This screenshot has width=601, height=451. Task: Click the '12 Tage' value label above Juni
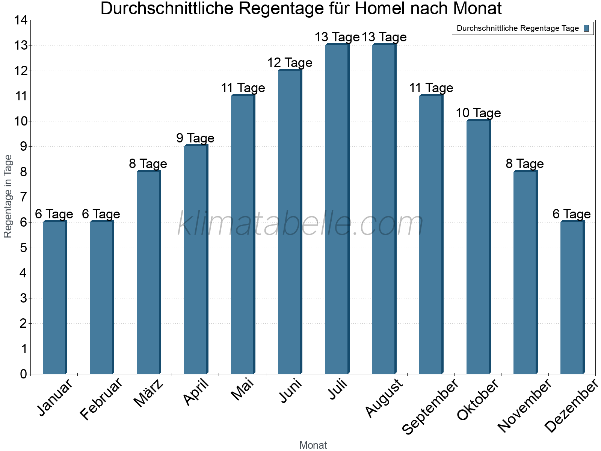290,63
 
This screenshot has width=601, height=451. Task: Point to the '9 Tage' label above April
195,138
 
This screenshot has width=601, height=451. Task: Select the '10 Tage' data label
478,113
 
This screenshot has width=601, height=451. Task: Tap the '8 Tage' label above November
525,164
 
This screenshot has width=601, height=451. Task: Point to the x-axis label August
384,398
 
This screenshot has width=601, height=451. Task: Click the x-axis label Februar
101,399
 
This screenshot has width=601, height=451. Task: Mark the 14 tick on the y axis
21,20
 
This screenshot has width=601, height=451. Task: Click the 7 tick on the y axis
23,197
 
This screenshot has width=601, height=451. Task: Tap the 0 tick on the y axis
23,374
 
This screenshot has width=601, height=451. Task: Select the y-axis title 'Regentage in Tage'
8,196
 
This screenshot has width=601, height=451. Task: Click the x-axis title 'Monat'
313,445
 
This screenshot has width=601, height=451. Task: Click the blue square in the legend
586,28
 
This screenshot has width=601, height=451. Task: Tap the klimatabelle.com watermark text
300,224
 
